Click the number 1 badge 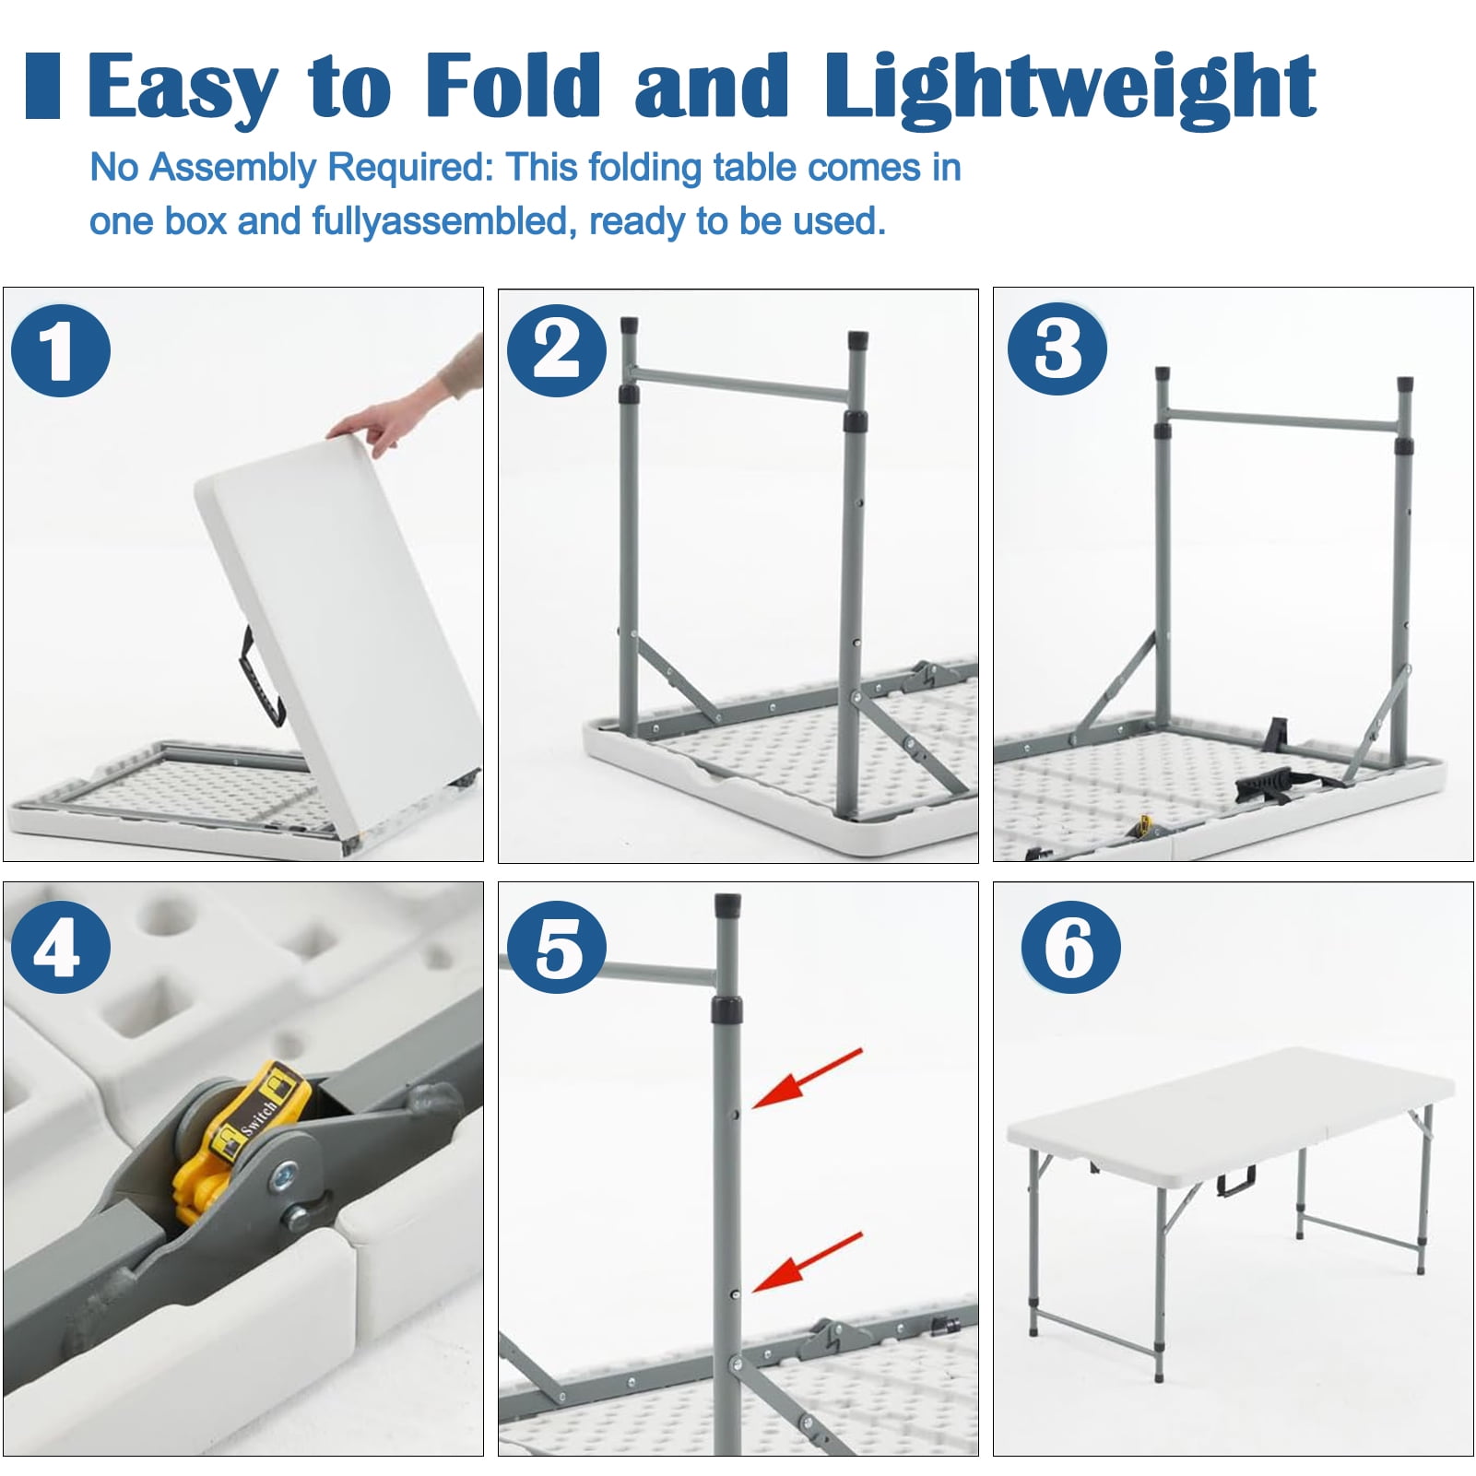point(61,351)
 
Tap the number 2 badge point(557,350)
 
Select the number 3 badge point(1057,349)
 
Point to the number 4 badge point(61,947)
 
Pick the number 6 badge point(1070,947)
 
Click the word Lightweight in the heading point(1069,88)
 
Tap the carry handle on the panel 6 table point(1235,1182)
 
